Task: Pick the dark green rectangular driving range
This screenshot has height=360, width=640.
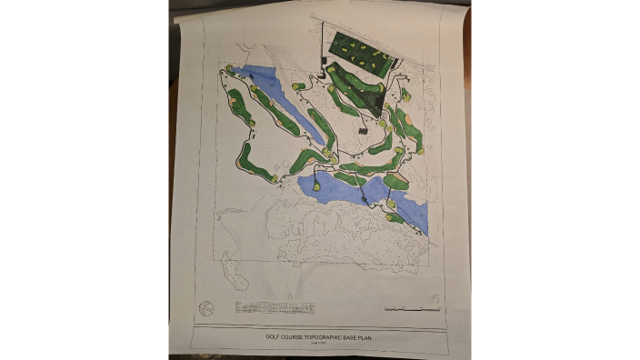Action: (x=360, y=55)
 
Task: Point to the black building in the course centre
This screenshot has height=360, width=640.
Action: (x=364, y=131)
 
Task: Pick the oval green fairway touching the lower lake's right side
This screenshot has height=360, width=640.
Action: (x=395, y=181)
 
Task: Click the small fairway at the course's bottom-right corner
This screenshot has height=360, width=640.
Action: (x=394, y=217)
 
